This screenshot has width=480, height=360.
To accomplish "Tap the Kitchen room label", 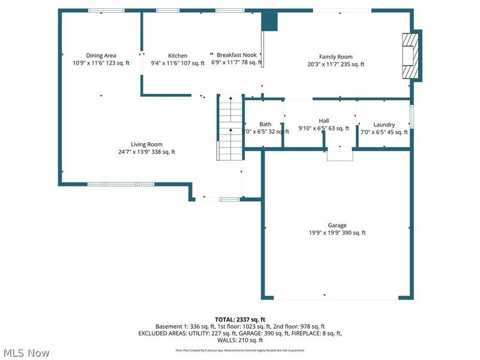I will (178, 56).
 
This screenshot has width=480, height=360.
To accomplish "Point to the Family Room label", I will (336, 57).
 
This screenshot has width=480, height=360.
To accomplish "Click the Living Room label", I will (147, 144).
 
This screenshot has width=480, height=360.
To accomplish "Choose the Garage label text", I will (337, 226).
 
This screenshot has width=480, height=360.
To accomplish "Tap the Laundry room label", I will (384, 125).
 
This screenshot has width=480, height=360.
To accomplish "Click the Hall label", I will (324, 121).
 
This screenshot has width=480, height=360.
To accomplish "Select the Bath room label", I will (265, 124).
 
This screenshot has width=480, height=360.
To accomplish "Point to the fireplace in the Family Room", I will (410, 55).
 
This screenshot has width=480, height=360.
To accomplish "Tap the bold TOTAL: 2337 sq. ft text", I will (240, 319).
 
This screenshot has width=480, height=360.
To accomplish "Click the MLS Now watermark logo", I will (26, 353).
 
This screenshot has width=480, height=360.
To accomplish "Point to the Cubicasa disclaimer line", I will (240, 350).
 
